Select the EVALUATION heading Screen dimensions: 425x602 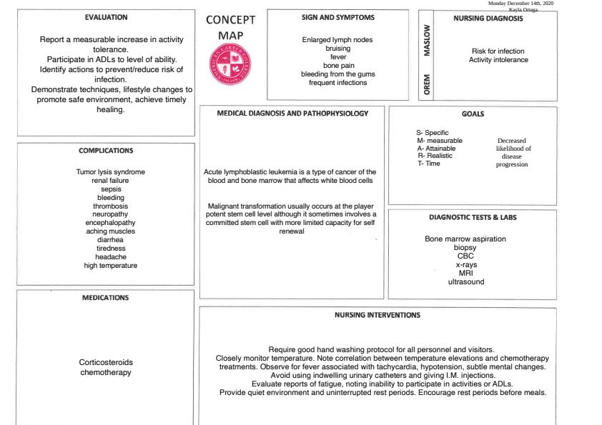[106, 16]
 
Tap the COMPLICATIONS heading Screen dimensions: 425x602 [106, 151]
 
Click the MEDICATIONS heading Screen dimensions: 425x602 [106, 298]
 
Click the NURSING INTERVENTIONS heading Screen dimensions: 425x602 [378, 314]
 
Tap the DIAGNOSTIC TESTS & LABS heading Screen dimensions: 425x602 [473, 216]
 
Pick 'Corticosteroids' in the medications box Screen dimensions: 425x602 [106, 362]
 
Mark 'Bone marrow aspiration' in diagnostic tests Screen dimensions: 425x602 [465, 239]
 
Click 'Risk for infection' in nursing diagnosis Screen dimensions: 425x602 [498, 51]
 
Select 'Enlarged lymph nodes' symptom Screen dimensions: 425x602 [337, 40]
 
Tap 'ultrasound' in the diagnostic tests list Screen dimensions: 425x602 [465, 281]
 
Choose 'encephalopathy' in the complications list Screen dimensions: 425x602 [106, 223]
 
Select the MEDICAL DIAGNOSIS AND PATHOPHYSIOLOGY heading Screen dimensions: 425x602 [292, 113]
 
